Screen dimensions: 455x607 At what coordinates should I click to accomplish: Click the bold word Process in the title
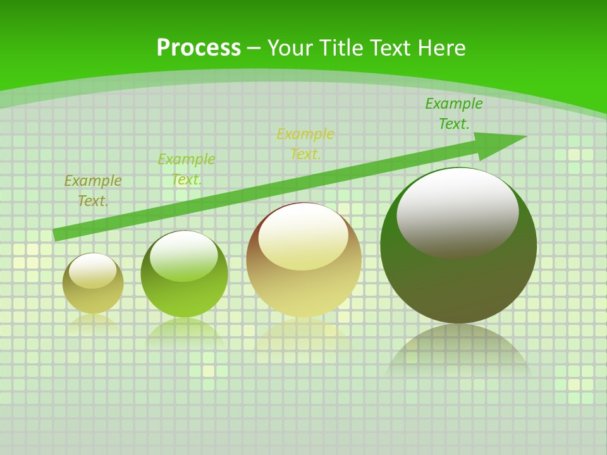tap(199, 48)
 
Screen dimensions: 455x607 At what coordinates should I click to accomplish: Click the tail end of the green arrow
tap(57, 234)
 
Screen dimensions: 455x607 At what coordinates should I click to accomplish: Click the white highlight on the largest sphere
tap(457, 212)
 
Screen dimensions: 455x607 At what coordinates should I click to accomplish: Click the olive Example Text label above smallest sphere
tap(93, 191)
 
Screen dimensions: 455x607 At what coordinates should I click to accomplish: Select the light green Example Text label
tap(187, 169)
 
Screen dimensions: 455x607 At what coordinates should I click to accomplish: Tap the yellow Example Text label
tap(305, 144)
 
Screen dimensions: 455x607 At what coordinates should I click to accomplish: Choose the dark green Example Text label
tap(453, 114)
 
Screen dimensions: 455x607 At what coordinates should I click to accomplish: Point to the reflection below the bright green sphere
tap(184, 329)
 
